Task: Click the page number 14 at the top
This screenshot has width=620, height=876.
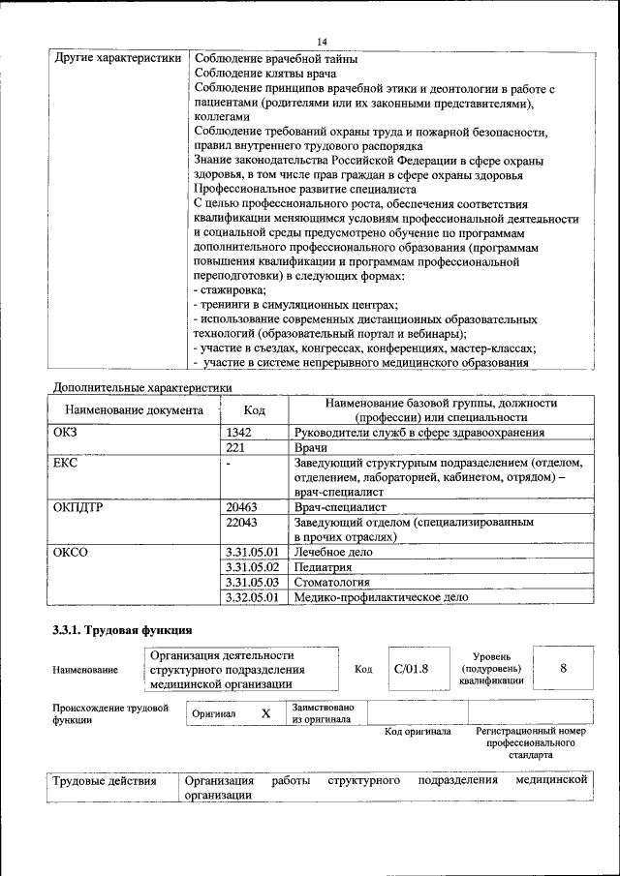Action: (323, 39)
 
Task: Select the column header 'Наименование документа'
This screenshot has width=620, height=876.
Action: (134, 410)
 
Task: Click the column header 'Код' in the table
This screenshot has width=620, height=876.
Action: (254, 410)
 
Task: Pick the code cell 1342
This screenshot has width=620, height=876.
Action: (238, 433)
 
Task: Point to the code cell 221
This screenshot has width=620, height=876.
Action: (234, 448)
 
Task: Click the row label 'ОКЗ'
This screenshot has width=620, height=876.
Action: (66, 433)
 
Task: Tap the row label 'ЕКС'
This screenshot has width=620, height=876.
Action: (66, 464)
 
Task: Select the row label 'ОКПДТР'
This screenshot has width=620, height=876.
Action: (77, 506)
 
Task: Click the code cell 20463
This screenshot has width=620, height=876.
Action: (241, 506)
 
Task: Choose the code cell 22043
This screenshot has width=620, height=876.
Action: (241, 522)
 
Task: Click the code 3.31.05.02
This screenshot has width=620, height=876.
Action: (251, 566)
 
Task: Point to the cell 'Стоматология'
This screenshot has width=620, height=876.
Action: (331, 582)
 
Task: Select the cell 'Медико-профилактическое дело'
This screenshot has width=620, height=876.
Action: (381, 597)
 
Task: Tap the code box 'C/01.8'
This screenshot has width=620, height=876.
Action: (411, 668)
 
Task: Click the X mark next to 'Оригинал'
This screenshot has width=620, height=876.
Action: (265, 712)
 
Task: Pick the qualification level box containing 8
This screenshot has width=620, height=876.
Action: (563, 668)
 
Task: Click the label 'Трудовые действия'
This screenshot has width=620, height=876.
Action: (105, 780)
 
